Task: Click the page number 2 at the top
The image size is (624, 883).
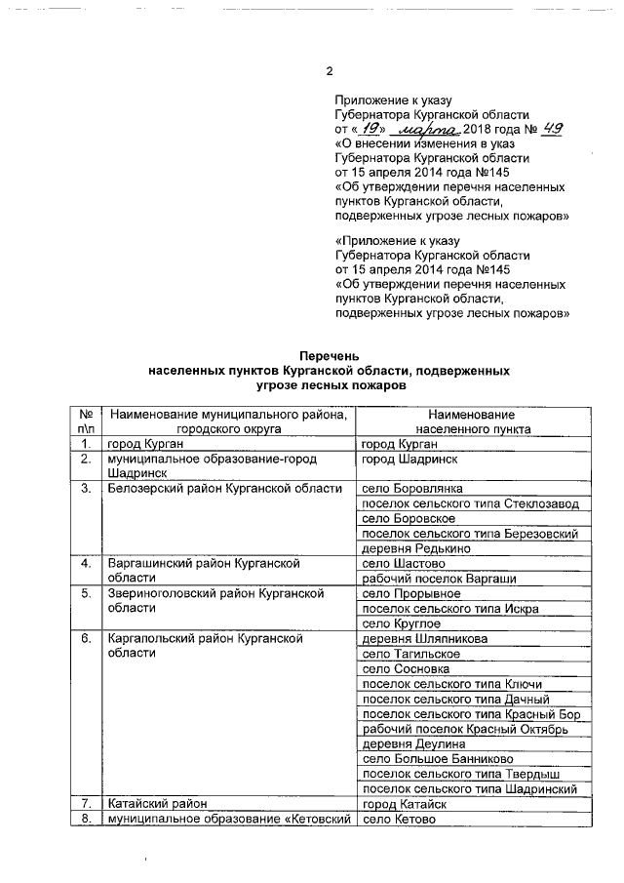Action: pos(329,71)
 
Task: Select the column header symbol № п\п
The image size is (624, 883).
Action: pos(86,421)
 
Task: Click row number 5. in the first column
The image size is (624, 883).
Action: pos(86,593)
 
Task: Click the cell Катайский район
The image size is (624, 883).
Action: pos(158,804)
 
